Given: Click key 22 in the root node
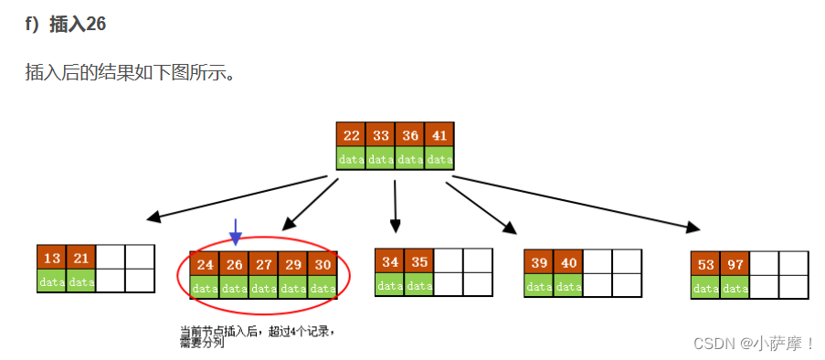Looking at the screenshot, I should pos(352,135).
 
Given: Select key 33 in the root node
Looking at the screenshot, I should pos(381,135).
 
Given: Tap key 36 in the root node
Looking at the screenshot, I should pos(410,135).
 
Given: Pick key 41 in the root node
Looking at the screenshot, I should pos(439,135).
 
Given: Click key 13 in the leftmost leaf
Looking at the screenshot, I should pos(52,259).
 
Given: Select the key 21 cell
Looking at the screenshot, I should pos(81,259).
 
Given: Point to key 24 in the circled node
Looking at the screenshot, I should pos(205,264).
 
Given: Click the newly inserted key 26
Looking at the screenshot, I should pos(234,264).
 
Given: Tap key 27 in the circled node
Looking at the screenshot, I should pos(263,264).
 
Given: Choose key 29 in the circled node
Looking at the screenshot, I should pos(292,264).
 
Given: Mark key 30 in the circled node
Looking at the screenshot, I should pos(322,264).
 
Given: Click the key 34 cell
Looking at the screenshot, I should pos(390,261).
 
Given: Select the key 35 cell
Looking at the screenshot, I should pos(419,261).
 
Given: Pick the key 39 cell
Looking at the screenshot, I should pos(539,262).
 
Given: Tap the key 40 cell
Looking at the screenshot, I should pos(568,262).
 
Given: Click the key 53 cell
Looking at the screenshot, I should pos(706,264).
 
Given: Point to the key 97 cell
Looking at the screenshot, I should pos(735,264).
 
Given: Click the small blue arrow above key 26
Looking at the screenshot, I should pos(236,232).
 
